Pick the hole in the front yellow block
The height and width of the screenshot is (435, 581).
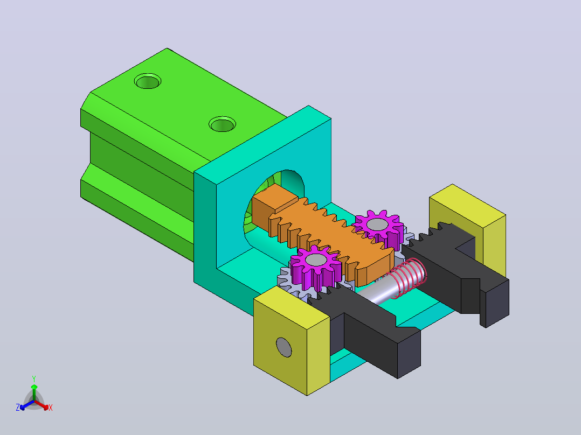tap(284, 347)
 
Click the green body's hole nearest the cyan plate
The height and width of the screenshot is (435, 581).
tap(222, 124)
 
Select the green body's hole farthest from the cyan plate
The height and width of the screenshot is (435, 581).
tap(148, 81)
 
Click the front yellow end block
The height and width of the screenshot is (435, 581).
tap(292, 341)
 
